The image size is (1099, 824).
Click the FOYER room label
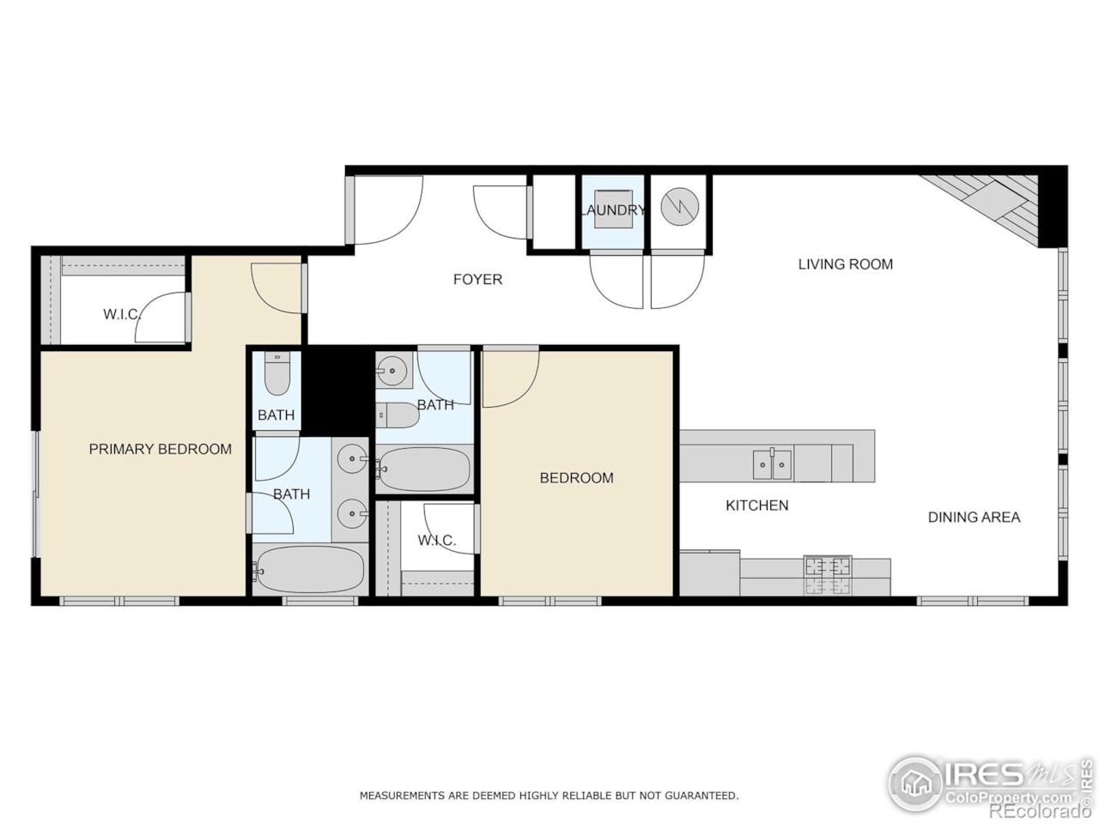coord(477,279)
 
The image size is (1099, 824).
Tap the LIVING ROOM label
coord(845,264)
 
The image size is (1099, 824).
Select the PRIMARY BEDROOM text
coord(160,449)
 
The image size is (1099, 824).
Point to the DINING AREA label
coord(974,517)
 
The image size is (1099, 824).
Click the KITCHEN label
coord(756,506)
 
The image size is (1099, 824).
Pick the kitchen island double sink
coord(773,464)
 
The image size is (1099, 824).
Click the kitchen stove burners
coord(828,573)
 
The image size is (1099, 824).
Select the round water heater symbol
coord(679,206)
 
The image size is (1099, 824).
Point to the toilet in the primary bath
coord(276,374)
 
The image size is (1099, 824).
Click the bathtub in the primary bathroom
coord(310,569)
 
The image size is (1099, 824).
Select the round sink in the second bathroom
coord(392,371)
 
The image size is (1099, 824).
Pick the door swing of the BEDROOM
coord(510,378)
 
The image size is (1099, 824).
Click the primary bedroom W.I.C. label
coord(121,314)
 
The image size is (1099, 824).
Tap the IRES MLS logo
coord(987,783)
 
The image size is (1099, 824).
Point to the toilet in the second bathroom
coord(398,415)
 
